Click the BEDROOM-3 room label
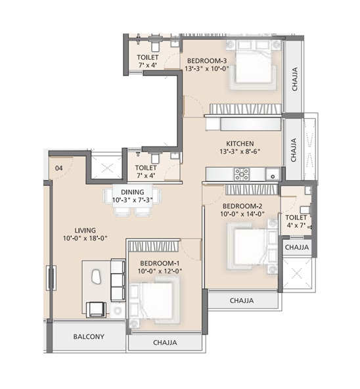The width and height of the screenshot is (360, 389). [x=207, y=60]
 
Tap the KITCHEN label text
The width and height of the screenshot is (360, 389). [x=240, y=144]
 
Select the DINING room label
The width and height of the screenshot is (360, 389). [x=133, y=192]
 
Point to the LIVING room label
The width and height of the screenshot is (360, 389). [x=85, y=231]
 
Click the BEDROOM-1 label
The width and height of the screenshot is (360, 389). [x=160, y=263]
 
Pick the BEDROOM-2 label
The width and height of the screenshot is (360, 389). [x=242, y=206]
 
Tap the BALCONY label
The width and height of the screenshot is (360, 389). [x=89, y=336]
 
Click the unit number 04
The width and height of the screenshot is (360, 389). [x=59, y=168]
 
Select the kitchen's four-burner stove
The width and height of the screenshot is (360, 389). [x=242, y=174]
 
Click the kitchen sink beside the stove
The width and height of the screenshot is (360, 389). [x=273, y=174]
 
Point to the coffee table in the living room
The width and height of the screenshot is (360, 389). [x=97, y=277]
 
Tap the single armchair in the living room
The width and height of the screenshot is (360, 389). [x=96, y=309]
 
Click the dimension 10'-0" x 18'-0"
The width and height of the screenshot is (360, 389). [x=85, y=239]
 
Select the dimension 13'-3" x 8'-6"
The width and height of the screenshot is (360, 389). [x=240, y=151]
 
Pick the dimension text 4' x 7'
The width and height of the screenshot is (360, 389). [x=296, y=225]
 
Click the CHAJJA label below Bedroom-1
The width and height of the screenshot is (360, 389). [x=165, y=342]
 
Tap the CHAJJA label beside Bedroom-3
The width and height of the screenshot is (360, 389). [x=294, y=79]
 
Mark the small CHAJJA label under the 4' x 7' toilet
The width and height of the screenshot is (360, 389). [x=297, y=247]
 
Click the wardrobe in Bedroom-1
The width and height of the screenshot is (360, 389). [x=153, y=246]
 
